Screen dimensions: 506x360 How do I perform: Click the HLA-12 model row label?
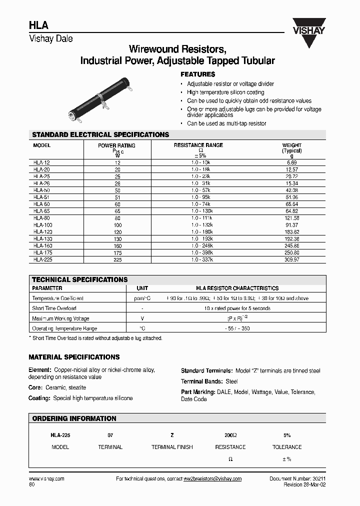(x=42, y=163)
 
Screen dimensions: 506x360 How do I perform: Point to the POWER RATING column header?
(x=116, y=145)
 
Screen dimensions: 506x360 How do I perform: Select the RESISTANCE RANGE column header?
(x=198, y=145)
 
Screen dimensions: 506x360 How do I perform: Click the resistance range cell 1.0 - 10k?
(x=200, y=163)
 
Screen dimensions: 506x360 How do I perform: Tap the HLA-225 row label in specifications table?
(x=43, y=260)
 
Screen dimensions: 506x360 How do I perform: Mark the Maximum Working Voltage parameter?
(x=60, y=318)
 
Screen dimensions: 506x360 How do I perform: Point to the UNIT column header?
(x=142, y=288)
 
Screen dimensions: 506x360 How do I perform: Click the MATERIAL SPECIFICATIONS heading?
(x=74, y=357)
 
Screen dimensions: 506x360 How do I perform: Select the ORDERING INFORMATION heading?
(x=74, y=418)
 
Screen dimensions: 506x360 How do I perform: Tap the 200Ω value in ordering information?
(x=230, y=435)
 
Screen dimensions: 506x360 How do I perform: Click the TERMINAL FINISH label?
(x=172, y=447)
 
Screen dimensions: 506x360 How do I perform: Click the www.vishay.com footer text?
(x=46, y=479)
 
